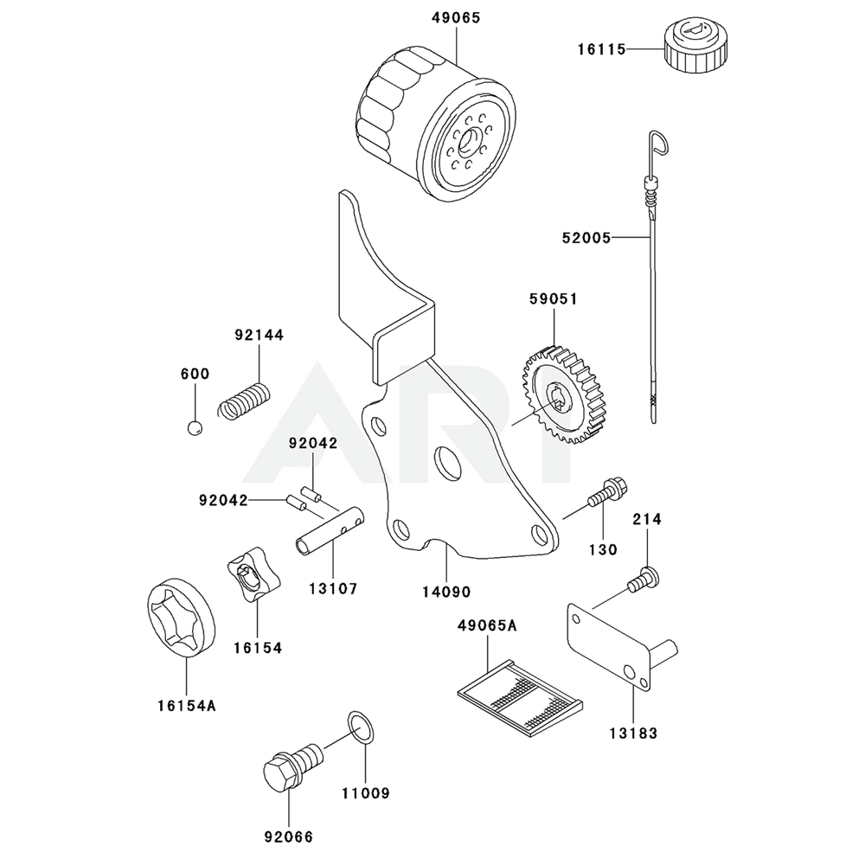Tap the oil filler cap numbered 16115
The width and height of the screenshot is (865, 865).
pyautogui.click(x=689, y=48)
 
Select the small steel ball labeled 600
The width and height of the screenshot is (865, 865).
pyautogui.click(x=195, y=426)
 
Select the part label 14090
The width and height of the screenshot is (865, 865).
pyautogui.click(x=445, y=593)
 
